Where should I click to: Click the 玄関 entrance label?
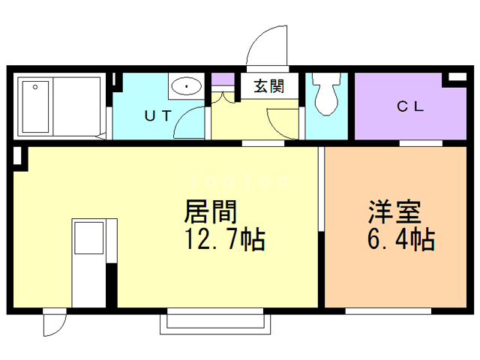(x=268, y=86)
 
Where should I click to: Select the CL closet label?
(x=411, y=106)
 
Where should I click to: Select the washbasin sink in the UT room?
(x=184, y=87)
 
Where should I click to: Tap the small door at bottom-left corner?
(x=54, y=323)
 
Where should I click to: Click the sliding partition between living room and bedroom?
(x=322, y=191)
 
